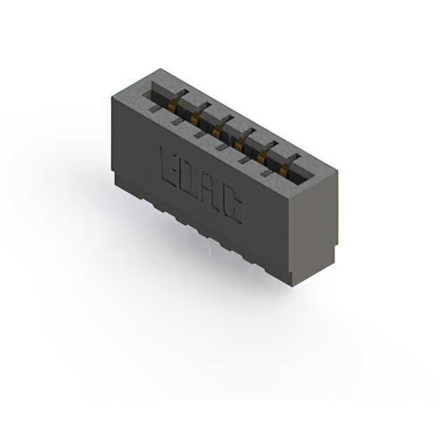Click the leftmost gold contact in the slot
point(173,106)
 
